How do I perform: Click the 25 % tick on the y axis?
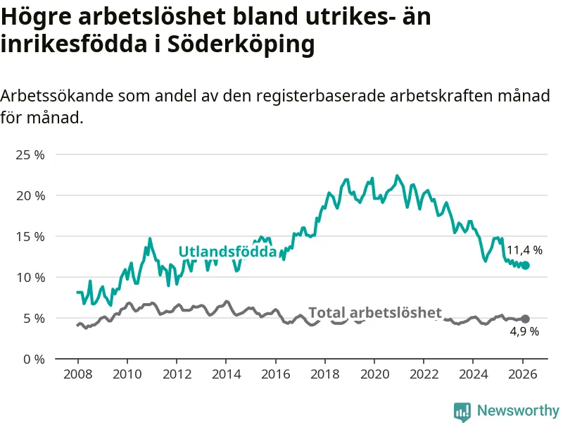click(30, 154)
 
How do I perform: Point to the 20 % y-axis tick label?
click(30, 195)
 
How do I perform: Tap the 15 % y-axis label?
click(30, 236)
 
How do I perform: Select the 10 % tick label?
click(30, 277)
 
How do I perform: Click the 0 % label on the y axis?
click(32, 359)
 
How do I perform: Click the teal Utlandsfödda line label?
click(227, 252)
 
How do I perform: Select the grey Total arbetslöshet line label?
click(375, 313)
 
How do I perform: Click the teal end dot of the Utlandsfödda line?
click(525, 265)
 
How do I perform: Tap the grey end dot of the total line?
click(525, 319)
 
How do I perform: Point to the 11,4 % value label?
click(525, 250)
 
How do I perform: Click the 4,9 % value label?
click(524, 331)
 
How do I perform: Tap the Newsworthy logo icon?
click(462, 411)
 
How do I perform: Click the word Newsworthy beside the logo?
click(518, 410)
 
